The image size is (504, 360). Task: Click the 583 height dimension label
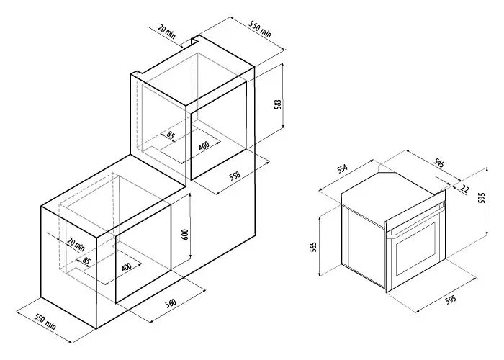click(279, 104)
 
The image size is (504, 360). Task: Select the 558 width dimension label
click(235, 176)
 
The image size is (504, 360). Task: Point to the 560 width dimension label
click(171, 303)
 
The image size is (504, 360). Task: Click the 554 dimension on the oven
click(342, 168)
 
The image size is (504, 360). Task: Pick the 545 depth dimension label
click(438, 163)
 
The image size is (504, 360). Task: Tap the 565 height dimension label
click(314, 246)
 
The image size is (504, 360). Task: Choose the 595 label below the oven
click(451, 300)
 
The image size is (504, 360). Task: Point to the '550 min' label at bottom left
click(45, 322)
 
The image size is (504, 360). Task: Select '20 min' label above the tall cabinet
click(167, 32)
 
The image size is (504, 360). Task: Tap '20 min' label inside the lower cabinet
click(76, 244)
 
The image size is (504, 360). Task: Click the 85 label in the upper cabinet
click(171, 135)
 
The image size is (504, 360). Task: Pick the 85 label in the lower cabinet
click(86, 261)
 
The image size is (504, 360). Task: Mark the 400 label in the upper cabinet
click(204, 145)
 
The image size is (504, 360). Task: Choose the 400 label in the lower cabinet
click(127, 267)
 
